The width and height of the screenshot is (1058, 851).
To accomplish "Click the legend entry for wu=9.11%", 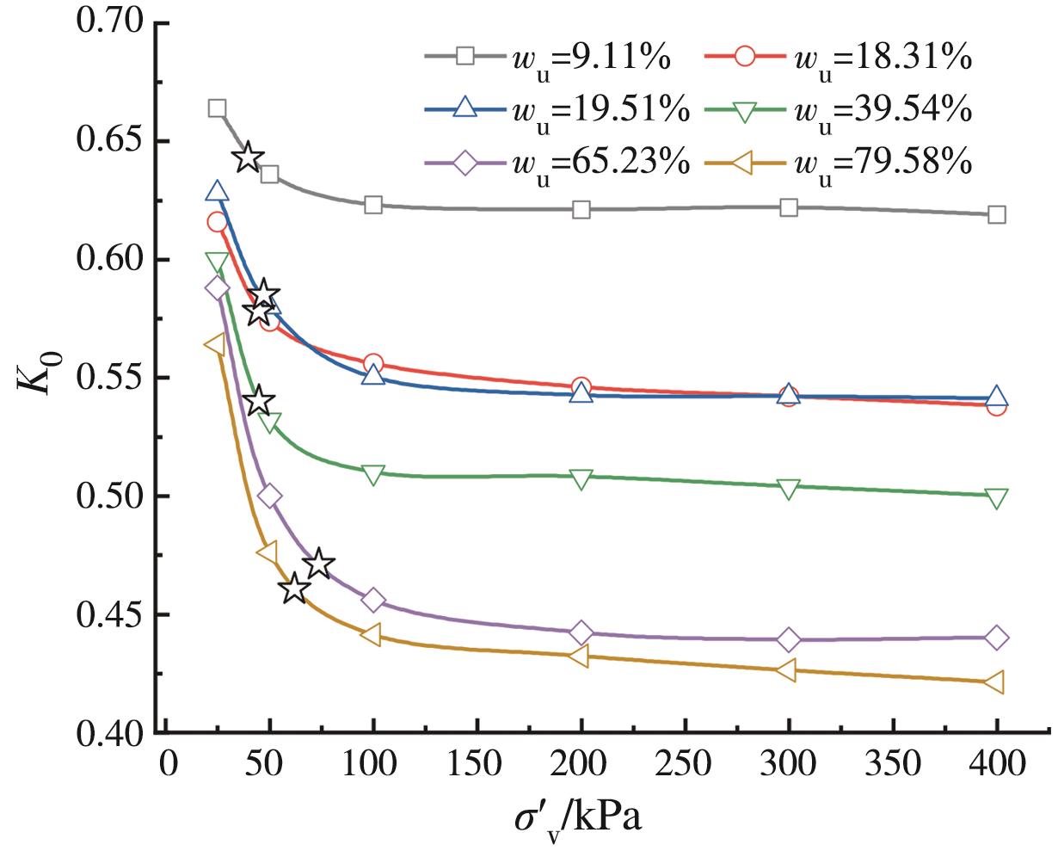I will pos(551,57).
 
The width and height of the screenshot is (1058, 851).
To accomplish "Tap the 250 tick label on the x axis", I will pos(686,762).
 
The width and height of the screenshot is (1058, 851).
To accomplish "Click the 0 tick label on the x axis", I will pos(166,762).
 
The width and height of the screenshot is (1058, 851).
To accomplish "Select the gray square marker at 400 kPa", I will pos(997,214).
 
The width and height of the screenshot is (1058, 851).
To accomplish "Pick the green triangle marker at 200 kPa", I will pos(581,479).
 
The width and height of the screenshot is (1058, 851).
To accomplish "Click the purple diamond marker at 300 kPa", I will pos(790,639).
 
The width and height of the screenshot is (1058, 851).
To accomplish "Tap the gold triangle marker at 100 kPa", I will pos(372,635).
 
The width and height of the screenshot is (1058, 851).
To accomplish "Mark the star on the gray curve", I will pos(248,157).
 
